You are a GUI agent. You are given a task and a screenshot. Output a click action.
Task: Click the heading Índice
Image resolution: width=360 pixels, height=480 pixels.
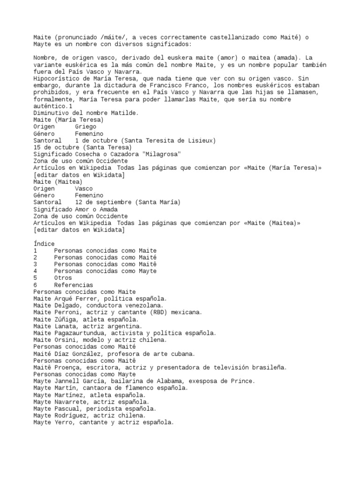point(44,244)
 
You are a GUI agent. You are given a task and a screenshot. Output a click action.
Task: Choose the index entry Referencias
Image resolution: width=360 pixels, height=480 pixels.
point(73,285)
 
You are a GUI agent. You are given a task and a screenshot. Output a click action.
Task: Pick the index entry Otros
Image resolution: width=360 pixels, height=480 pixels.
point(63,277)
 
